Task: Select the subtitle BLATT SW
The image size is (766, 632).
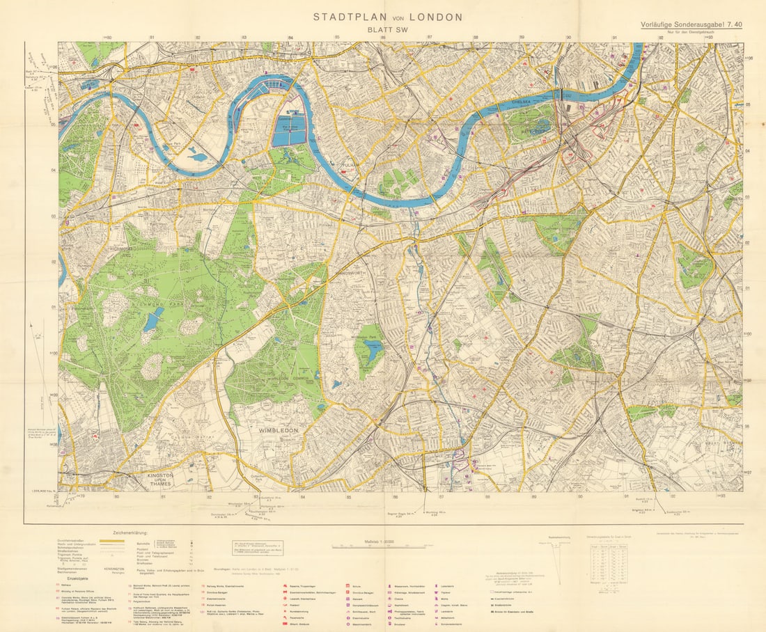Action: tap(387, 30)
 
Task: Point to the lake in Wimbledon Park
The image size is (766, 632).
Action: tap(372, 349)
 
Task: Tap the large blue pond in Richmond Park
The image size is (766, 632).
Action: tap(153, 321)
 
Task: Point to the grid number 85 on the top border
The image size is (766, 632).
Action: tap(337, 38)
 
